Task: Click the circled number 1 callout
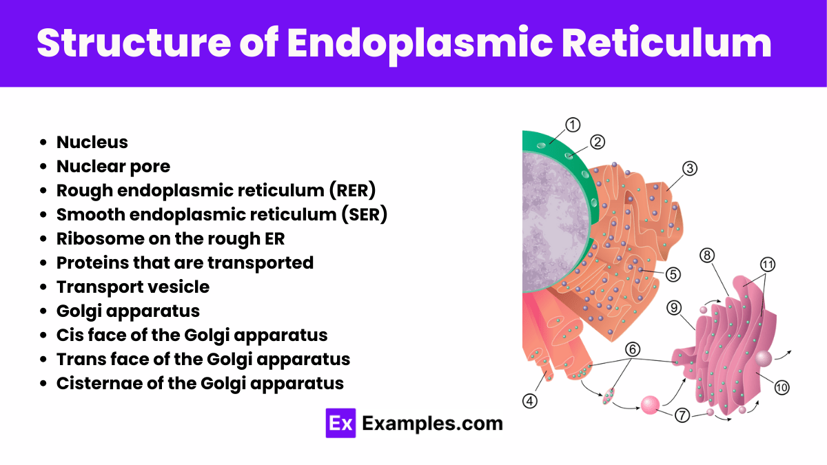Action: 573,125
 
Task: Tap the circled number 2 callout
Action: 598,142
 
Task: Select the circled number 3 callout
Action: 690,168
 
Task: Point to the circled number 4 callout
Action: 530,400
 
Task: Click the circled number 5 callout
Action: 673,273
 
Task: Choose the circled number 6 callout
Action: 633,349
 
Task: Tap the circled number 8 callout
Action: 706,256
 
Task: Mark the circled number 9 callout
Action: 675,307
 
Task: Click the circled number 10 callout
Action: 781,388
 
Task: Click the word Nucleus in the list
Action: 92,143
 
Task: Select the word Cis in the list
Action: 69,335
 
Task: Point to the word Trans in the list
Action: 79,360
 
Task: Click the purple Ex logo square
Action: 340,423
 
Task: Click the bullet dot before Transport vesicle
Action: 43,287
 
